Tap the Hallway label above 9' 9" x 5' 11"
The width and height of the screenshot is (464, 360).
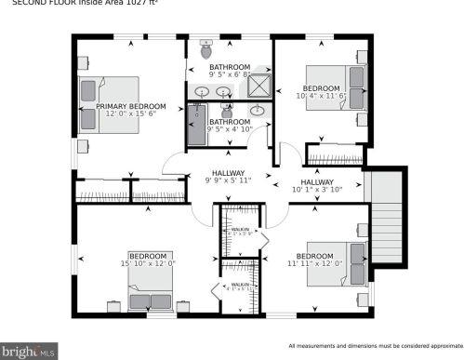coord(228,173)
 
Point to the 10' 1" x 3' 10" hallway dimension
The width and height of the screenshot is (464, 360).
coord(317,190)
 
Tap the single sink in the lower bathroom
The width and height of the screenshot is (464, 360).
coord(259,111)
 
